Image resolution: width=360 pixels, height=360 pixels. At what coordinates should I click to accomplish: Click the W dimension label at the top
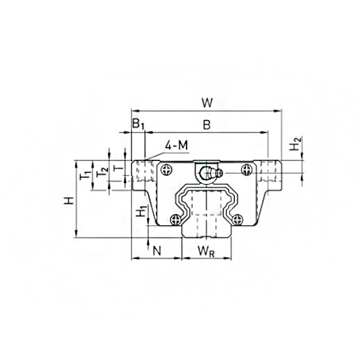pos(206,102)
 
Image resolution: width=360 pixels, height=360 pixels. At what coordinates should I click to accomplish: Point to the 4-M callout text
pos(177,145)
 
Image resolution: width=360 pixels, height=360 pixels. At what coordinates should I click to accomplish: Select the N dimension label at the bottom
pos(156,249)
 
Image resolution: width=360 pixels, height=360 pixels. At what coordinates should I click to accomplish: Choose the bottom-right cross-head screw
pos(240,220)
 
